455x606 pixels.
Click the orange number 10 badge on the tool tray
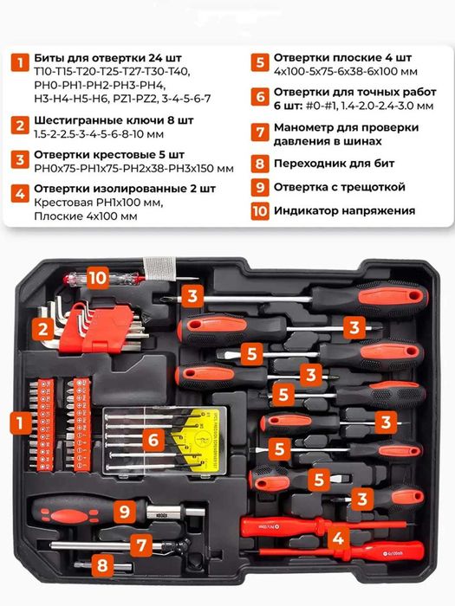pos(97,278)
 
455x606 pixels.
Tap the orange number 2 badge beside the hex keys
pos(43,329)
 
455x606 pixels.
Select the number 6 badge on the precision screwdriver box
pos(153,440)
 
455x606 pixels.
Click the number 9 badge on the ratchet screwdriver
pos(125,512)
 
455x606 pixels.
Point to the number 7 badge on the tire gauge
pos(141,545)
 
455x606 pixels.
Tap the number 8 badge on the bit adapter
pos(102,565)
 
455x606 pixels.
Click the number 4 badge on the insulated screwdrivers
pos(339,538)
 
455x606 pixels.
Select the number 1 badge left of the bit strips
pos(20,423)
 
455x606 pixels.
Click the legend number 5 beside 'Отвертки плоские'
pos(260,62)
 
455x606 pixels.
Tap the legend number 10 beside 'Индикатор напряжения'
pos(260,211)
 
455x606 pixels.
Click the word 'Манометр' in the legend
pos(304,127)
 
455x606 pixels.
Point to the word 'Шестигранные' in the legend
pos(76,120)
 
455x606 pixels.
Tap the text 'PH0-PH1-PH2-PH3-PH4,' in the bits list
pos(101,86)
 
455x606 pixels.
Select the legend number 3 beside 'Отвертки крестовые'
pos(20,160)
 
